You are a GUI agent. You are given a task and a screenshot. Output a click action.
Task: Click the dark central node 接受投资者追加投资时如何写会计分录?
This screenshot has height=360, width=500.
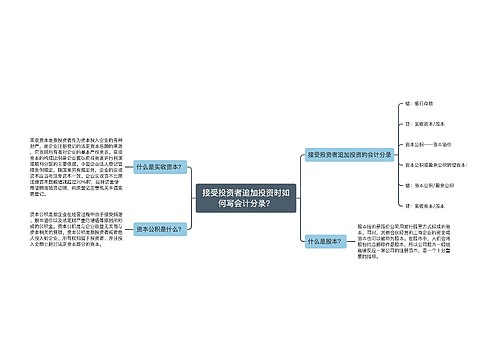246,200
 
